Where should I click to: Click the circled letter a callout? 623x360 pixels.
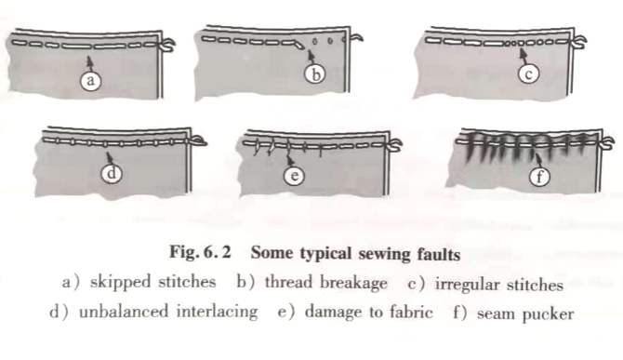tap(90, 80)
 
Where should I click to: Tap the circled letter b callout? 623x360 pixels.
tap(315, 74)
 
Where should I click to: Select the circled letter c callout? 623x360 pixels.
tap(528, 73)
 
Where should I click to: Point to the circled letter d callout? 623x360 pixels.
tap(112, 173)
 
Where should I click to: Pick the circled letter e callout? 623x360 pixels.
tap(295, 175)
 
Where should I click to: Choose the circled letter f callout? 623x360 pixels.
tap(539, 176)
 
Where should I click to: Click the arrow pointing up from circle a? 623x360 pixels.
tap(90, 62)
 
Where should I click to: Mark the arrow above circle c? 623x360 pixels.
tap(524, 55)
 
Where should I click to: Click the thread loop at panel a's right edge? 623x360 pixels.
tap(167, 44)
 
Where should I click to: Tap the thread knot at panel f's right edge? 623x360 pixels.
tap(606, 143)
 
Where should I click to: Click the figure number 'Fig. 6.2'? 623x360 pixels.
tap(200, 252)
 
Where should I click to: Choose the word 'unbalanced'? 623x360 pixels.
tap(124, 311)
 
